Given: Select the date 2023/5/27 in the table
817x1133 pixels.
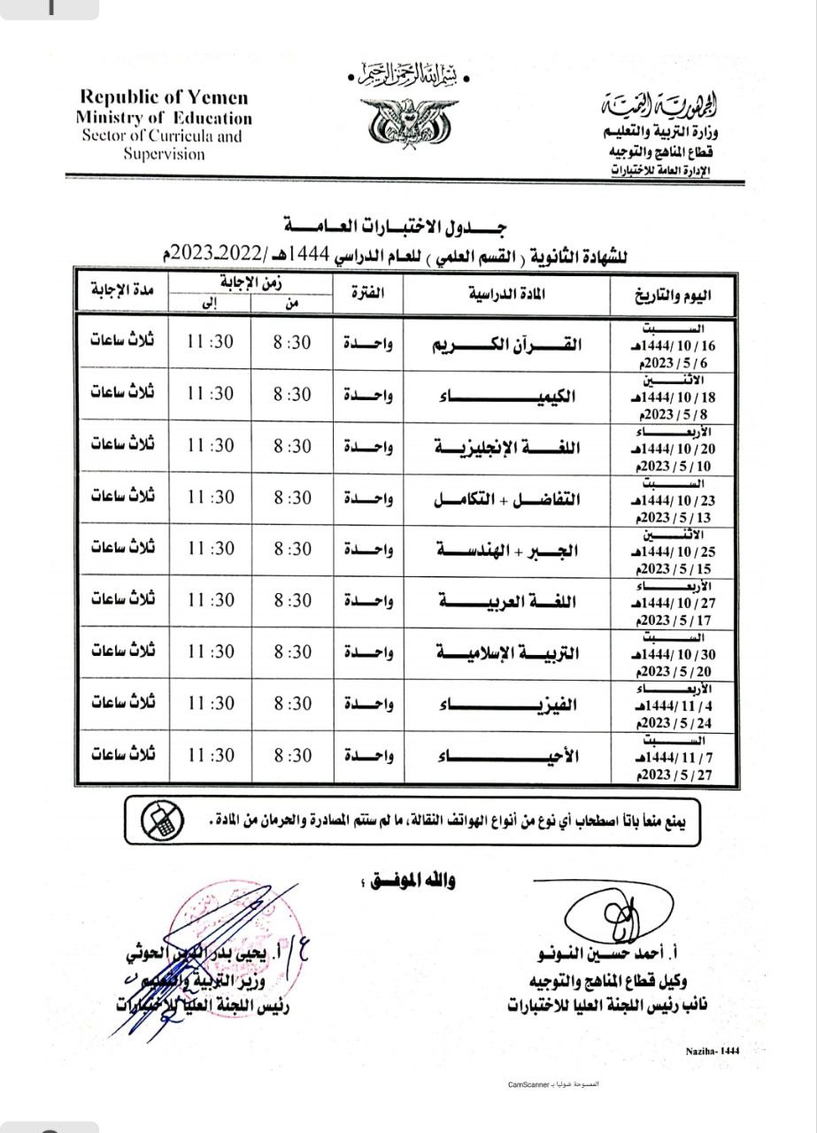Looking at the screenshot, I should click(x=676, y=775).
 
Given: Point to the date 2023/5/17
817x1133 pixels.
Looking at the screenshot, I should click(x=676, y=620).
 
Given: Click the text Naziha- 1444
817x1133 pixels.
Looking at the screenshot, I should click(x=712, y=1050).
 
